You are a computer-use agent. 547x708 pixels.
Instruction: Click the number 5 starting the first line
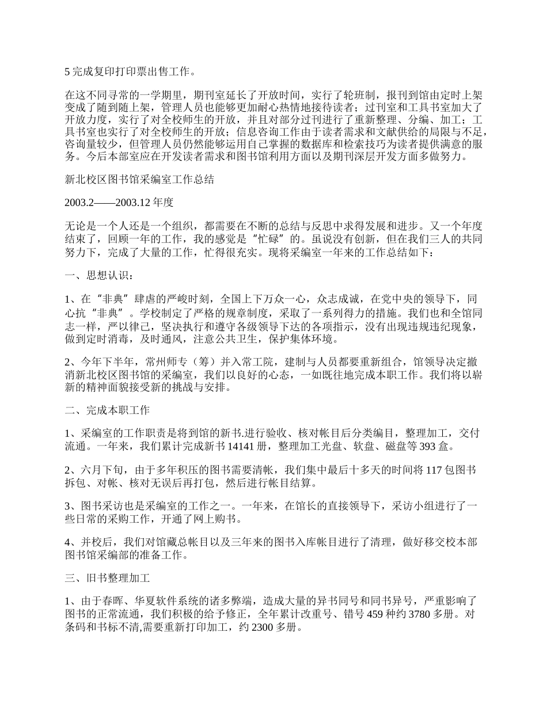click(67, 72)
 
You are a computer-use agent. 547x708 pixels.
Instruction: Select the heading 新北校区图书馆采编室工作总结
click(139, 180)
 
